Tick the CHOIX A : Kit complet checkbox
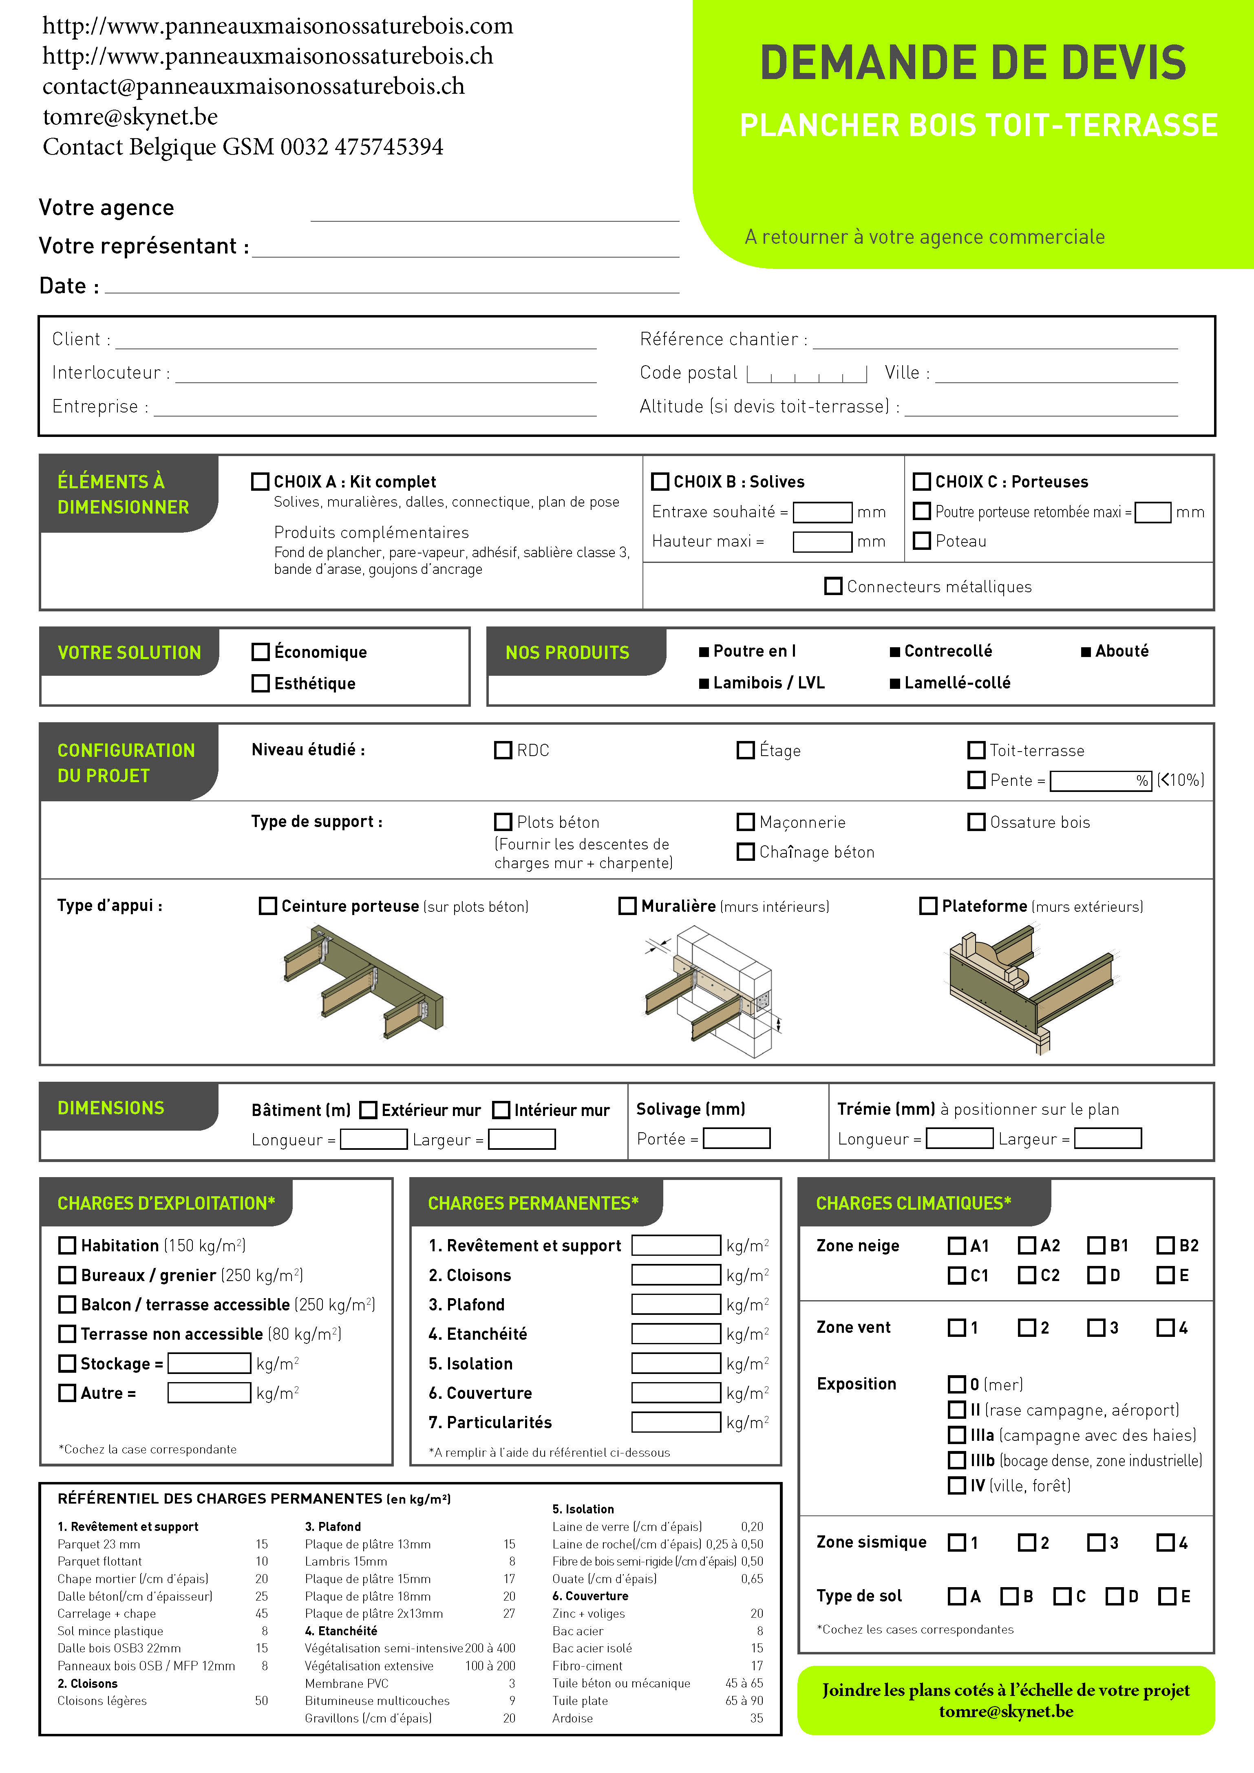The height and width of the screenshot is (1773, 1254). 260,482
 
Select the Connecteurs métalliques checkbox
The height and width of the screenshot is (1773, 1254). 833,586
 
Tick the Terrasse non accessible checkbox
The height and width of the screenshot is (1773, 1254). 68,1334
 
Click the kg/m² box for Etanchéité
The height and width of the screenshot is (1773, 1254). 676,1334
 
